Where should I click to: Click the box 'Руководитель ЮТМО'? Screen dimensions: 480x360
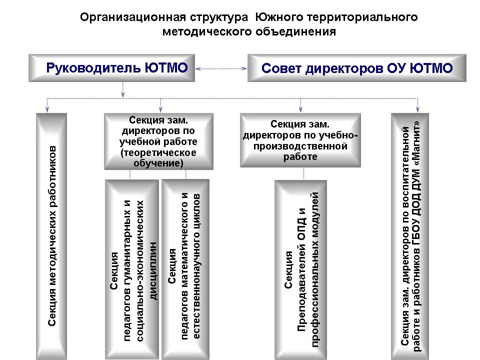pos(111,68)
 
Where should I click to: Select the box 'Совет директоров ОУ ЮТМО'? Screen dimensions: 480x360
pos(356,68)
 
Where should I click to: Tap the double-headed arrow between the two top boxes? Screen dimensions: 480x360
pos(221,68)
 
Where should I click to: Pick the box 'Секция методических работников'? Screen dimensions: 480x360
pos(51,236)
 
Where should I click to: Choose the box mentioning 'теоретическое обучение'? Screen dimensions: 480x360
pos(158,141)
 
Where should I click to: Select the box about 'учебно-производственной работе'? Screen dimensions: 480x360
pos(300,140)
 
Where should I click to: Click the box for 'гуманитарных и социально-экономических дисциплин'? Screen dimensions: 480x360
pos(132,269)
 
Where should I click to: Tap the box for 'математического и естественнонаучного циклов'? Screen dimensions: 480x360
pos(185,269)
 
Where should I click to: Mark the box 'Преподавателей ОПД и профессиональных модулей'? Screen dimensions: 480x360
pos(300,270)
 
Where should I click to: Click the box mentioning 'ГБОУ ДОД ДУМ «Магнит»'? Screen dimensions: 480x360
pos(410,236)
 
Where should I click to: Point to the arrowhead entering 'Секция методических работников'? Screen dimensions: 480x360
pos(47,109)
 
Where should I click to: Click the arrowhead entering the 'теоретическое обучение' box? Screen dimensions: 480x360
pos(160,109)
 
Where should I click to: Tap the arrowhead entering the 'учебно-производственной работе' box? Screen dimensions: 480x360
pos(300,109)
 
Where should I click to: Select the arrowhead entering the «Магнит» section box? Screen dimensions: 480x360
pos(417,109)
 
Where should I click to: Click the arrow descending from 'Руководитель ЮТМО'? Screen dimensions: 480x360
pos(123,89)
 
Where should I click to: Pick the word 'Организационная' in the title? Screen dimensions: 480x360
pos(133,17)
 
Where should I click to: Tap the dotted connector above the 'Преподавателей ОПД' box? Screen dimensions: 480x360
pos(303,173)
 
